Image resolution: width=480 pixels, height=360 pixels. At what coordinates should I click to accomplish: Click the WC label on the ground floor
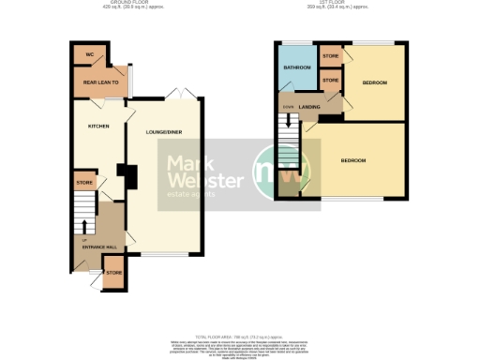89,55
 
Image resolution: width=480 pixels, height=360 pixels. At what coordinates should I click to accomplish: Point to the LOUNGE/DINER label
163,132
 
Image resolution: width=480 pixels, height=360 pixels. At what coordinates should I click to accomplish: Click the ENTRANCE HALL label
97,247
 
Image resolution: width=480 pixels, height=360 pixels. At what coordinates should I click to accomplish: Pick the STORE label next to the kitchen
83,182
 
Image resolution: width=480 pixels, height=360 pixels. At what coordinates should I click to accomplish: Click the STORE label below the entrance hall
112,272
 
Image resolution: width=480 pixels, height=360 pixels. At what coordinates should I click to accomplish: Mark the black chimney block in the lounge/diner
126,176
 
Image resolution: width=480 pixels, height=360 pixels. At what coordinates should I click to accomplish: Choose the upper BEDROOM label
374,82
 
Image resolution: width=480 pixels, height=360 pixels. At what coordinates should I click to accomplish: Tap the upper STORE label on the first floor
330,56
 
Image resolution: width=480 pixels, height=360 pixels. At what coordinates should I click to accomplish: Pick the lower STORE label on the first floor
330,82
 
